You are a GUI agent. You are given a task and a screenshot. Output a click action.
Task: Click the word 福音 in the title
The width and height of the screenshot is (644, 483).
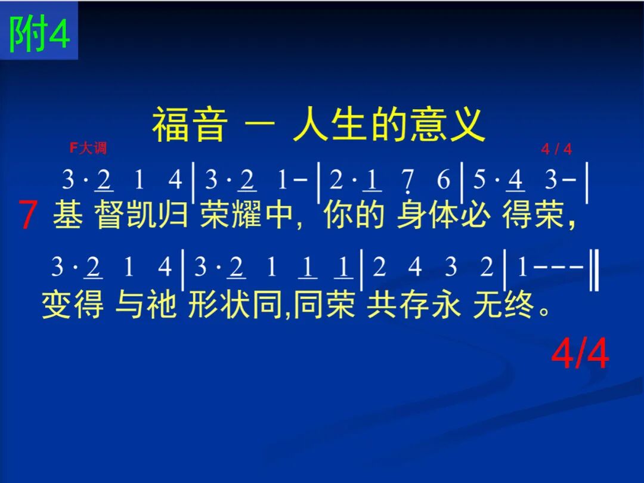[x=190, y=125]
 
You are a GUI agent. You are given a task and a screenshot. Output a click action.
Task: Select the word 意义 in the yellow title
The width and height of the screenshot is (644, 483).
[x=448, y=125]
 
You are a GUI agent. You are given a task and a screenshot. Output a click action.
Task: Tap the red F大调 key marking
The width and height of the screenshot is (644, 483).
[x=88, y=147]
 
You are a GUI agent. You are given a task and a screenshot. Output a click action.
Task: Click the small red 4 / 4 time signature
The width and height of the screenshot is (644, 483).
[x=556, y=148]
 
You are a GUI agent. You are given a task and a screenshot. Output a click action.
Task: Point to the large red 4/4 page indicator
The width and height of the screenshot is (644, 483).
[x=580, y=354]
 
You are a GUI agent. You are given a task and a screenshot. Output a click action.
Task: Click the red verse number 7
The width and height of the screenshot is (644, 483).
[x=28, y=215]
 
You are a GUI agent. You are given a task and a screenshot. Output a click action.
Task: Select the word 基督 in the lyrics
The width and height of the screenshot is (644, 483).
[x=89, y=214]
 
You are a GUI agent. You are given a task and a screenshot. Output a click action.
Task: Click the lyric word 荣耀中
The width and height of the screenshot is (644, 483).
[x=246, y=214]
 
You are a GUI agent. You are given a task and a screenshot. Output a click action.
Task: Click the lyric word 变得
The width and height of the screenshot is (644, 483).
[x=73, y=304]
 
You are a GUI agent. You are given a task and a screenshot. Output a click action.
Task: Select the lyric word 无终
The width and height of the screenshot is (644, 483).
[x=503, y=304]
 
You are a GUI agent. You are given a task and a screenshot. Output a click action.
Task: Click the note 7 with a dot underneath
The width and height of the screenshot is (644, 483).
[x=407, y=181]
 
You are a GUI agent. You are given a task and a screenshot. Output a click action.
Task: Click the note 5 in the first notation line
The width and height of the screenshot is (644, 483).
[x=479, y=179]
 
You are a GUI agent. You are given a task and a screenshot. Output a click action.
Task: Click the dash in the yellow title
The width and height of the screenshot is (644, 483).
[x=259, y=123]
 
